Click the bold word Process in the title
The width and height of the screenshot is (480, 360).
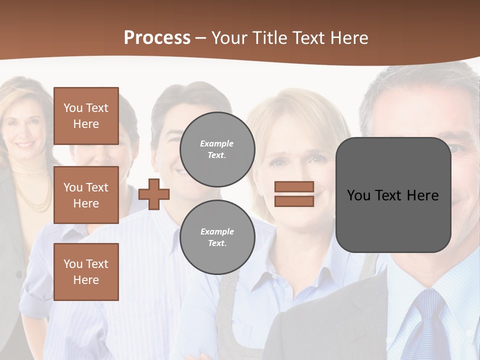[x=157, y=38]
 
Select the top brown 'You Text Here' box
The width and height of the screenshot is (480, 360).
[x=86, y=116]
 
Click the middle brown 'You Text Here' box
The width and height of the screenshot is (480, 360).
[x=86, y=195]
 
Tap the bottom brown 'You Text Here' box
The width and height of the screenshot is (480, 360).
[x=86, y=271]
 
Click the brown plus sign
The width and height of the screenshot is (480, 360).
[x=154, y=194]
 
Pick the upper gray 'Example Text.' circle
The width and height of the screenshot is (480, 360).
[x=217, y=149]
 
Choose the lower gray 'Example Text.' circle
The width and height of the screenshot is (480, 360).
[x=217, y=237]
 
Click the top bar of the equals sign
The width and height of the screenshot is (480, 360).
[x=294, y=186]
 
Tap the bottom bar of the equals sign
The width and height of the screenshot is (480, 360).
[x=294, y=201]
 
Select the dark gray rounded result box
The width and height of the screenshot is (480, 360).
[x=393, y=195]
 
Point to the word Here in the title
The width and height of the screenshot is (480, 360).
[x=349, y=38]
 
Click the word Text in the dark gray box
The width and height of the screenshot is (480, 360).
[x=387, y=195]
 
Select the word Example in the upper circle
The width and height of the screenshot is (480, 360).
[x=217, y=144]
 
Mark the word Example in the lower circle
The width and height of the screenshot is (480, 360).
[x=217, y=232]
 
